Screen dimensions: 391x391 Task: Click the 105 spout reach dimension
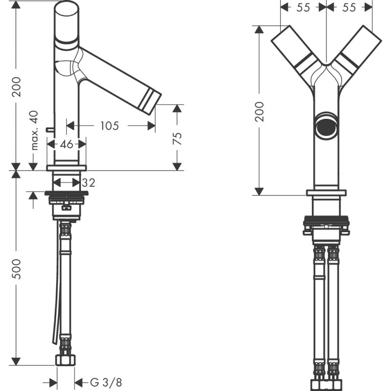[x=109, y=126]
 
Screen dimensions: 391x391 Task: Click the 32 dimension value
[x=88, y=183]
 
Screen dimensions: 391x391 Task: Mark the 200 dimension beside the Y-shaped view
[x=259, y=111]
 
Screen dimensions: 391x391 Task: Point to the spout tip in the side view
[x=152, y=101]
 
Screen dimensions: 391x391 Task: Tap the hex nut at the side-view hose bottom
[x=66, y=361]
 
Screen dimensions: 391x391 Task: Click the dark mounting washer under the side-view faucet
[x=66, y=194]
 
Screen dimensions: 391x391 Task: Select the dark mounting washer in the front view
[x=326, y=220]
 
